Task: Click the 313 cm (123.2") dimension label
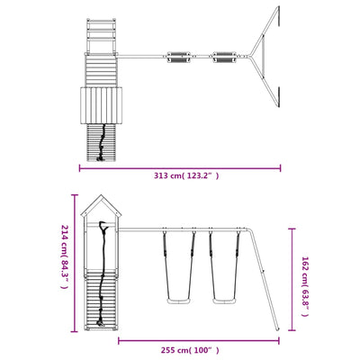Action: (186, 175)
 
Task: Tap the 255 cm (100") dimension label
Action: (190, 350)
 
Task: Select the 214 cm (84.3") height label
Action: (65, 256)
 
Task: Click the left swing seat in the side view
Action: (179, 301)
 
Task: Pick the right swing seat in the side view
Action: (224, 301)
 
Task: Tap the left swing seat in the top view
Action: (179, 58)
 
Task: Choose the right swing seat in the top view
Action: (224, 58)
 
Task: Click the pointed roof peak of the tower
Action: (102, 195)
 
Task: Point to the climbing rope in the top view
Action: (102, 142)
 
